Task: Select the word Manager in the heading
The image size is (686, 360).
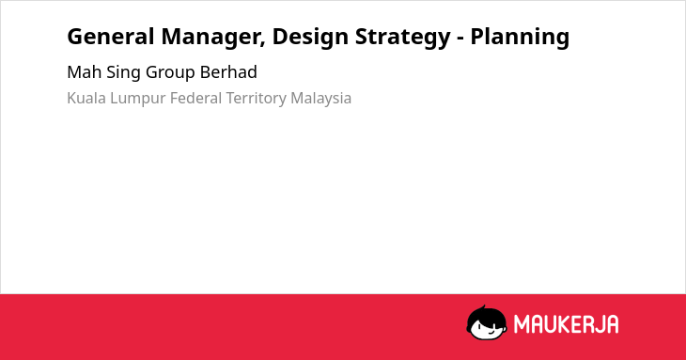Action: [x=211, y=38]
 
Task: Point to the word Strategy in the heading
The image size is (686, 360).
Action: [x=402, y=38]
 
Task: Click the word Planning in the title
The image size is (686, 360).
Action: [x=520, y=38]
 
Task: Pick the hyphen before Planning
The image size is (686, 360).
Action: [x=460, y=39]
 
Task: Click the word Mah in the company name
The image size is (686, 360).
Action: [x=84, y=72]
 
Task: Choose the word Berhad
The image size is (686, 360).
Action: [x=228, y=72]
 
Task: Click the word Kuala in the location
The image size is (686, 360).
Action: [x=86, y=98]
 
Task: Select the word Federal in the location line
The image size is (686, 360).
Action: [x=195, y=98]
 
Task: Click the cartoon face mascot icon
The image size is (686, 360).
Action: [x=487, y=323]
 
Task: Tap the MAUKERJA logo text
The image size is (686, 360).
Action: [x=566, y=324]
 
